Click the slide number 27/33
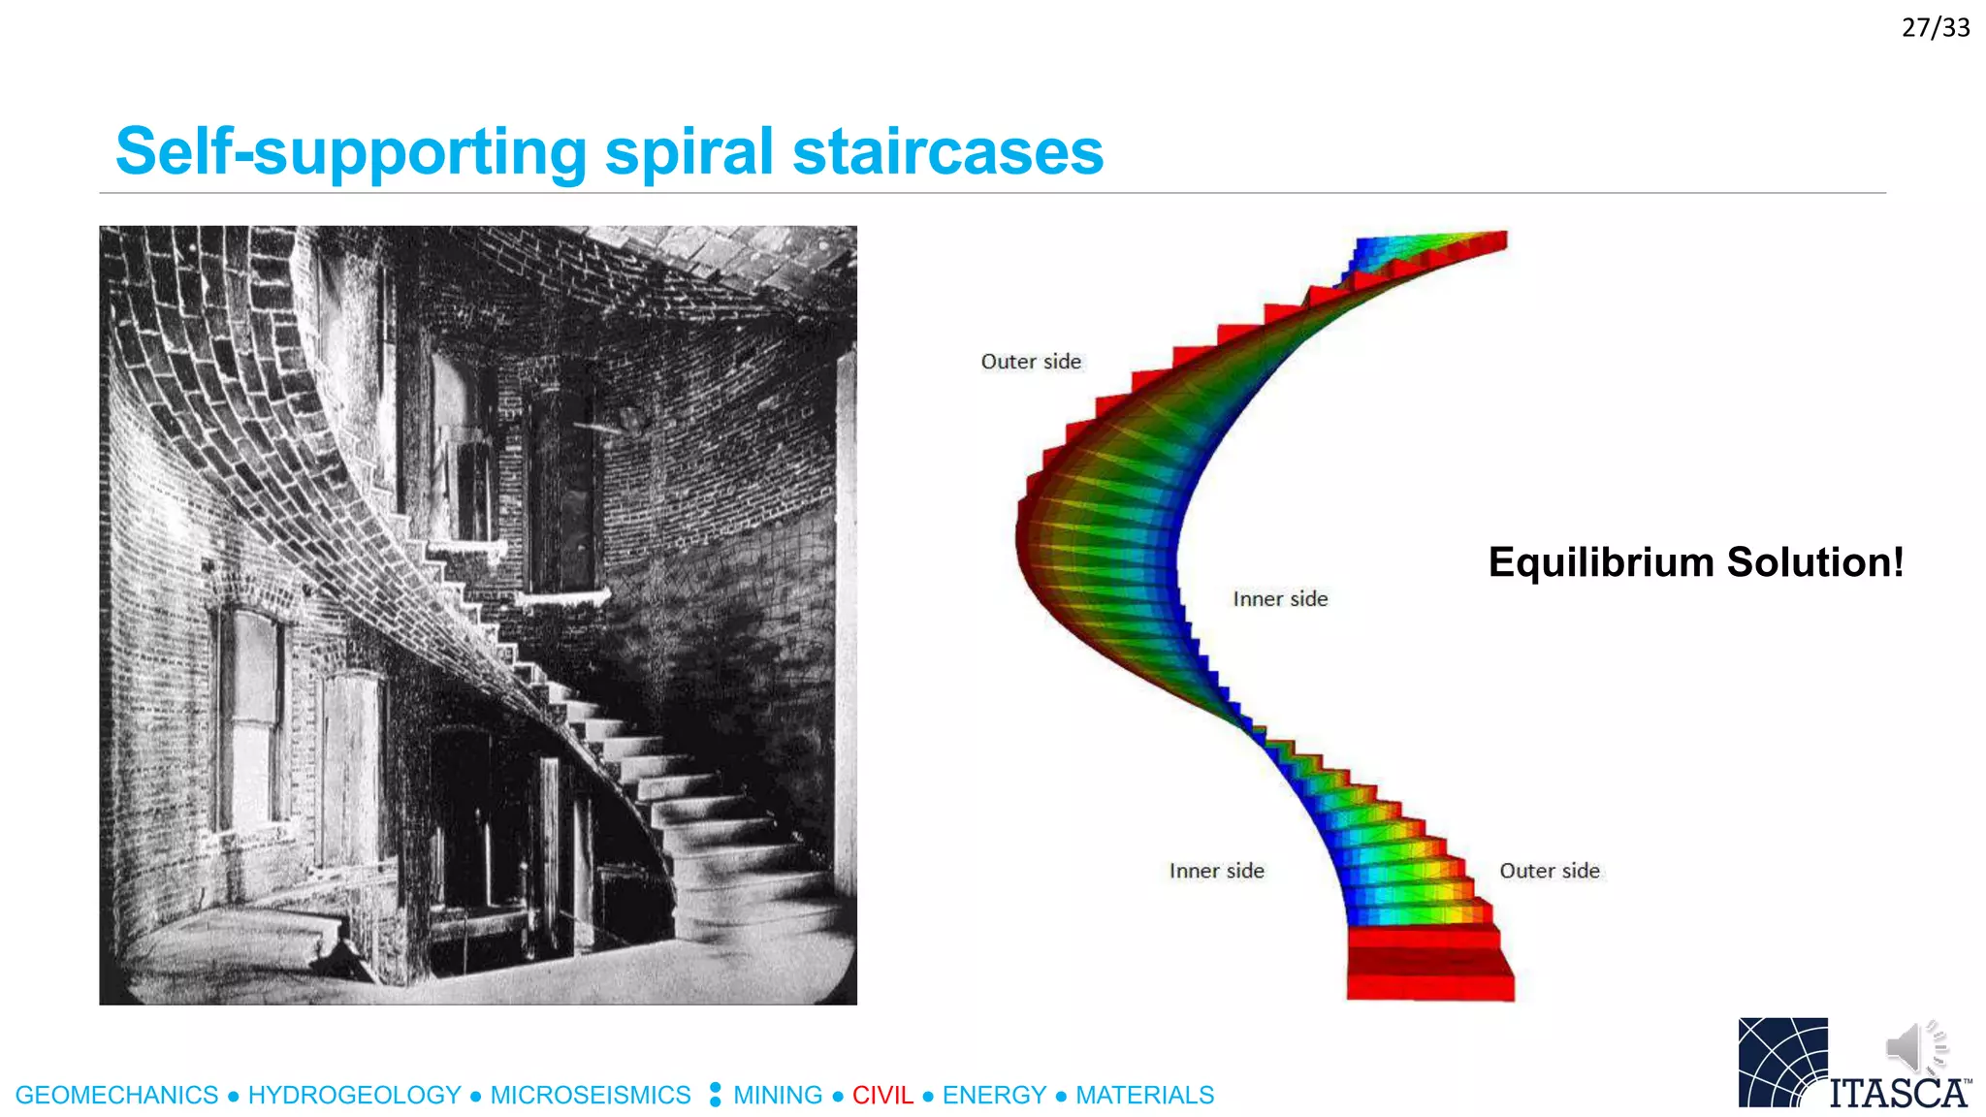click(1935, 27)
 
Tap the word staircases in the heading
click(947, 152)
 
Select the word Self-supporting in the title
click(351, 152)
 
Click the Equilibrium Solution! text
click(1695, 562)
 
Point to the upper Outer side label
click(1031, 362)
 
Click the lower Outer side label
click(1549, 871)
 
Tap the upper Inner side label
click(1280, 599)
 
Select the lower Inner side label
click(1216, 871)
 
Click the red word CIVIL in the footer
click(882, 1096)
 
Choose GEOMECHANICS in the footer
click(117, 1096)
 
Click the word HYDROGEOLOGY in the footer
click(354, 1096)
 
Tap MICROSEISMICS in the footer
click(590, 1096)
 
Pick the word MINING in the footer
click(778, 1096)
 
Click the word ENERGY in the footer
click(994, 1096)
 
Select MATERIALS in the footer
click(1144, 1096)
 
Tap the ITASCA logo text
click(1899, 1093)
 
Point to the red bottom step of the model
click(1430, 987)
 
